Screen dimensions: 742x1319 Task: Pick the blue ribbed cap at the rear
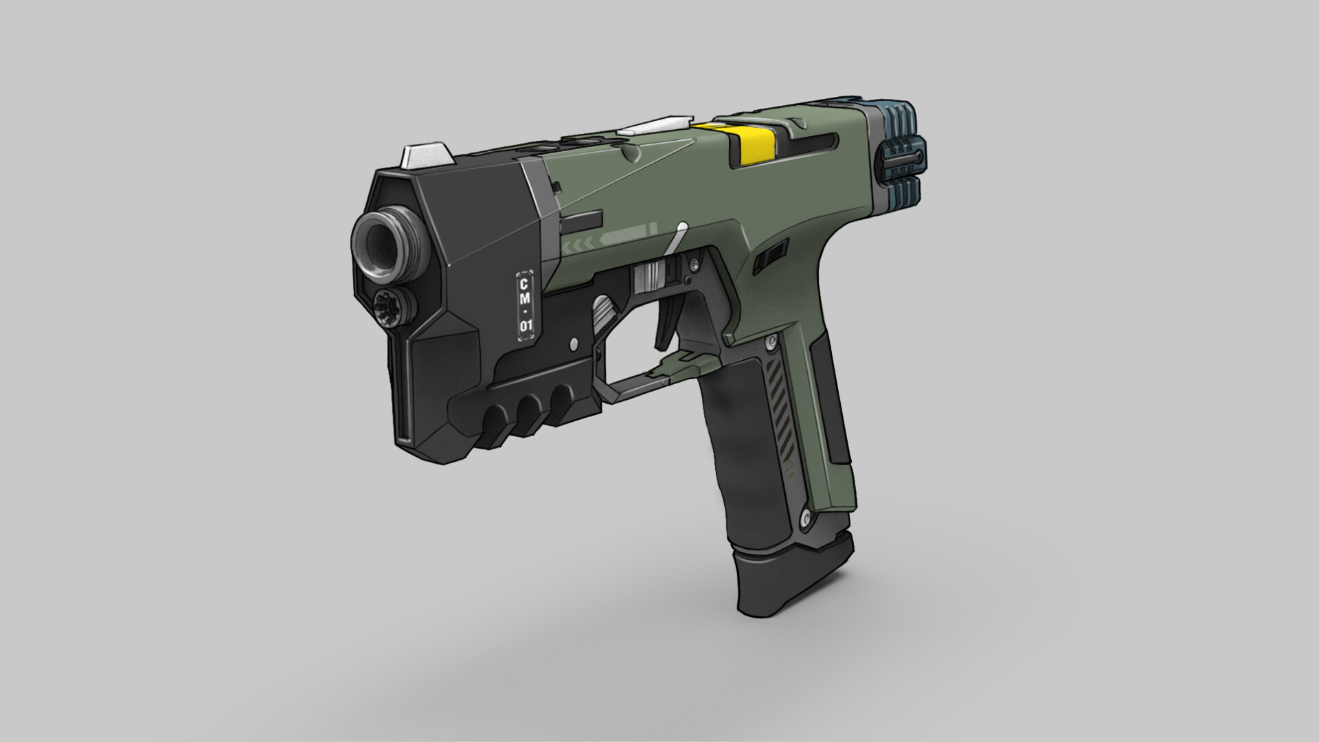[901, 155]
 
